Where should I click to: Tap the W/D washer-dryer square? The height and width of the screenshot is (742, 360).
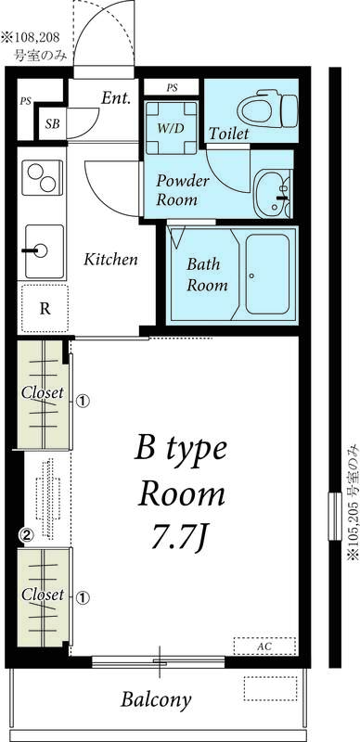(171, 128)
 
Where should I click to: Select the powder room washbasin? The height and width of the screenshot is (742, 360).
(273, 194)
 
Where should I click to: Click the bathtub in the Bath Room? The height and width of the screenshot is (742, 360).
(267, 275)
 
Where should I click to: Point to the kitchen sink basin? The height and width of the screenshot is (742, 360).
(44, 251)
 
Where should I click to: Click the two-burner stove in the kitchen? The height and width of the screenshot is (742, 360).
(42, 177)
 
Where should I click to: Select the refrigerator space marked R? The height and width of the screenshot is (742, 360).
(44, 309)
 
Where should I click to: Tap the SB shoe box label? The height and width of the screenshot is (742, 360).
(53, 124)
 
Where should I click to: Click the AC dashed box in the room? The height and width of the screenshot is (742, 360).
(264, 646)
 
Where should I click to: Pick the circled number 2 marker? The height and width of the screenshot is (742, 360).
(27, 535)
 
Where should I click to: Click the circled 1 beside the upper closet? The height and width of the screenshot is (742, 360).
(83, 402)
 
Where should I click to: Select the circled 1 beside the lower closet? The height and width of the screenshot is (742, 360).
(83, 597)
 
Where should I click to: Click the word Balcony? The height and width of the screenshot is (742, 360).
(156, 699)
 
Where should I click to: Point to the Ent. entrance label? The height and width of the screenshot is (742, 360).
(116, 98)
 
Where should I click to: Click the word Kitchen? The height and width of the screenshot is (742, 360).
(110, 260)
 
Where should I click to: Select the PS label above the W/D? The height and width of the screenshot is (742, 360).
(172, 87)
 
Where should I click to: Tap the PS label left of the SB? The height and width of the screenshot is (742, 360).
(25, 101)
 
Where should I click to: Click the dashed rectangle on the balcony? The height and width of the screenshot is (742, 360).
(271, 688)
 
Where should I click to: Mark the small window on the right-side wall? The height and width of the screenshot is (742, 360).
(335, 517)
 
